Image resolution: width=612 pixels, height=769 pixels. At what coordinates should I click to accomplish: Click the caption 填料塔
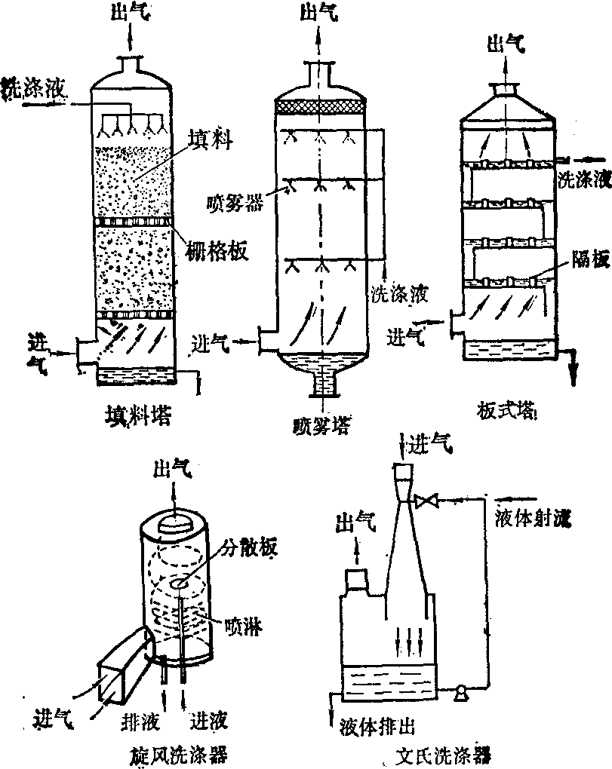(137, 415)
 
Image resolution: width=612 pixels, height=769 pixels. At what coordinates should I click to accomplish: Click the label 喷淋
(243, 625)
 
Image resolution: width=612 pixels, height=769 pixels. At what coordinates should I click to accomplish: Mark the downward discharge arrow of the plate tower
(574, 368)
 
